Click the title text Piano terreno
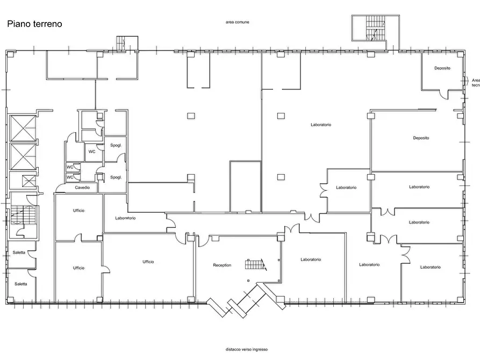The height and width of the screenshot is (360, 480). click(34, 24)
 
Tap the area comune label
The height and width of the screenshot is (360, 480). click(237, 22)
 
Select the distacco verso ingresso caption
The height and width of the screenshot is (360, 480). click(247, 349)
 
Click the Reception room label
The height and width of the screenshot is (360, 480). click(222, 265)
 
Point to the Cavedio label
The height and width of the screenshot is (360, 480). click(82, 188)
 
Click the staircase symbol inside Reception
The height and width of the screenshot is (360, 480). click(255, 264)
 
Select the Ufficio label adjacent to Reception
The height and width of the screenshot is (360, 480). click(148, 262)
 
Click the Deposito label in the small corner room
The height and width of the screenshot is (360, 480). click(442, 68)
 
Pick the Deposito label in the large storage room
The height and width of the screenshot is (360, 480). click(421, 138)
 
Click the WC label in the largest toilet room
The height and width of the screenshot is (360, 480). click(92, 152)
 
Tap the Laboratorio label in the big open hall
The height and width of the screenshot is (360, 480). click(321, 125)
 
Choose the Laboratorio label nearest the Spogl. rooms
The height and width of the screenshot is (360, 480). click(126, 218)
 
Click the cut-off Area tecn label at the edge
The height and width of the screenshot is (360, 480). click(476, 83)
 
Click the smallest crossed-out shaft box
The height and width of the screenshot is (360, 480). click(30, 181)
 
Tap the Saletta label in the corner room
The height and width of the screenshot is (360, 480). click(21, 284)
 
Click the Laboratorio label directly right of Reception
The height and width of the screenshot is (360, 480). click(311, 260)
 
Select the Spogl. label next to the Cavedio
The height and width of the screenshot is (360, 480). click(116, 177)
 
